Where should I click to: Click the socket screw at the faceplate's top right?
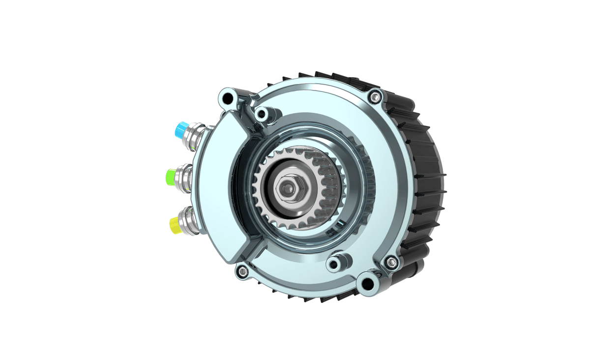pos(376,97)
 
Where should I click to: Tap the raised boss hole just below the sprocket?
pos(335,263)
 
